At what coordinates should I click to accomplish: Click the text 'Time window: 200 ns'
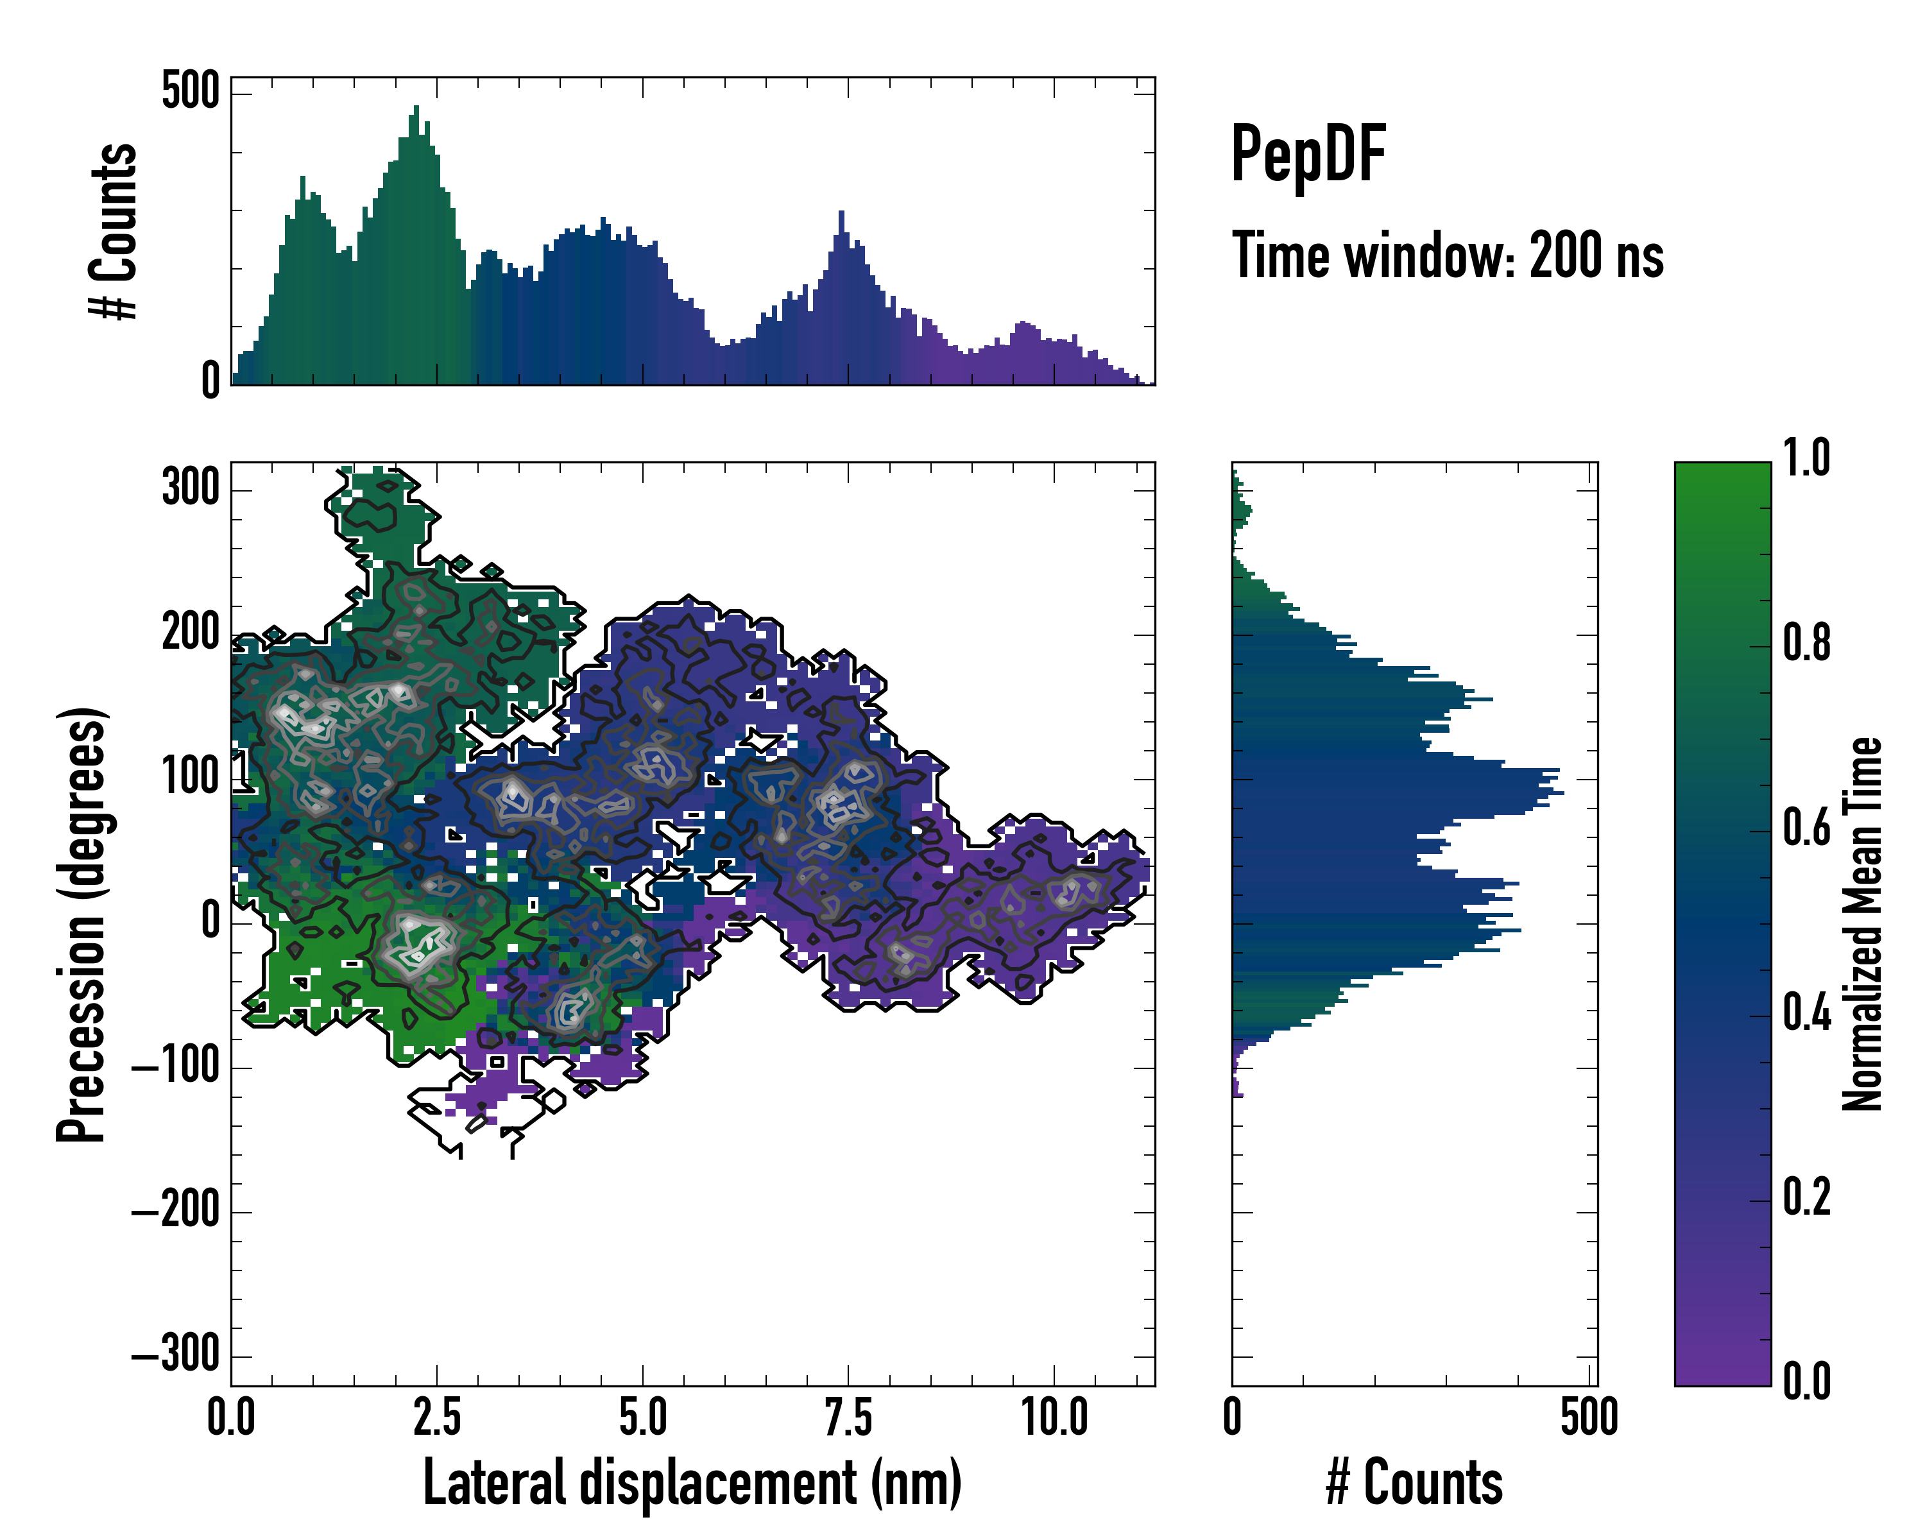1448,256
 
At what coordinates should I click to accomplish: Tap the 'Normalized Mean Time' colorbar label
1863,924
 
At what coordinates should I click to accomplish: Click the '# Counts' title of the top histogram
114,230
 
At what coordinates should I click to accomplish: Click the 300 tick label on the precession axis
190,488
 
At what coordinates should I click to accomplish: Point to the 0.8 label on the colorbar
1806,643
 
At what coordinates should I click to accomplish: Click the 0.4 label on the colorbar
1806,1013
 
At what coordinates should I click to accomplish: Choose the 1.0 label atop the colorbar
1806,458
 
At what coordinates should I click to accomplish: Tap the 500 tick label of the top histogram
190,91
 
